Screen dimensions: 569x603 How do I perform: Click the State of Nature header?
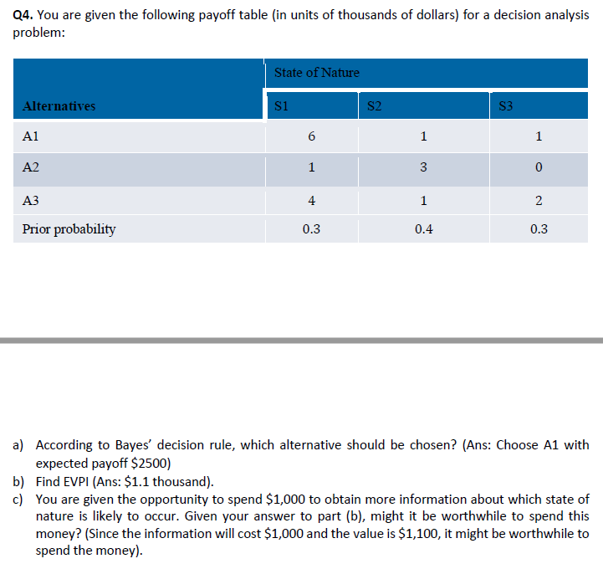click(317, 73)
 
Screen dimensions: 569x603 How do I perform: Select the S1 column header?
click(282, 105)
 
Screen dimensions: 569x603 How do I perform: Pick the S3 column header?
click(505, 105)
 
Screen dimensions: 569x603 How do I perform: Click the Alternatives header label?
click(59, 105)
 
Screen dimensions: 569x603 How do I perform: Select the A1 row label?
click(31, 136)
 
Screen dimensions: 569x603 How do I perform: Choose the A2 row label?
click(31, 167)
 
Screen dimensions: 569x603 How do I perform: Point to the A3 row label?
click(31, 200)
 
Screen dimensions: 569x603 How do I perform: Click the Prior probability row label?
click(69, 228)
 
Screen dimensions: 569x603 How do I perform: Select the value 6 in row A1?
click(311, 136)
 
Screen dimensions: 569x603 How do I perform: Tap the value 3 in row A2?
click(423, 167)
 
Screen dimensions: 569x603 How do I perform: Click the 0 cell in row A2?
click(539, 167)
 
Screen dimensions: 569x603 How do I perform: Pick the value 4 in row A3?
click(311, 200)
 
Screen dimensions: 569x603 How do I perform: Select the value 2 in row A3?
click(539, 200)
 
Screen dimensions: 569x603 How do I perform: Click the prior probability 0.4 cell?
click(423, 228)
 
